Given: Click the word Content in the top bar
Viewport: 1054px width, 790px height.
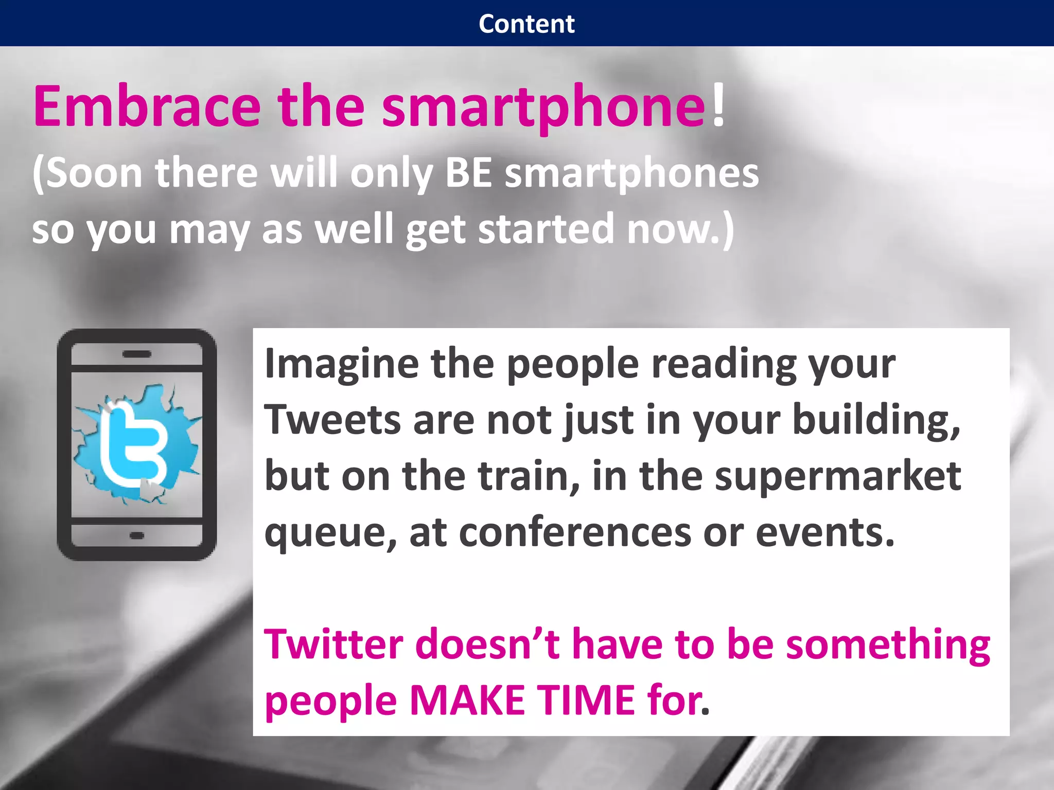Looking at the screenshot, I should [526, 24].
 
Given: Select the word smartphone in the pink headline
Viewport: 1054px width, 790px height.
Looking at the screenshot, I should [543, 108].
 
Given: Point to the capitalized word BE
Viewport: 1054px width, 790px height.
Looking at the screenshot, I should [468, 173].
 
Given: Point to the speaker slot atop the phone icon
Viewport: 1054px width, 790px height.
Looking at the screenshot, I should [137, 354].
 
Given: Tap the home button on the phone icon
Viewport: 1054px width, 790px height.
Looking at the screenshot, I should [137, 535].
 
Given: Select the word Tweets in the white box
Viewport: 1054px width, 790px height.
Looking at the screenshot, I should [332, 420].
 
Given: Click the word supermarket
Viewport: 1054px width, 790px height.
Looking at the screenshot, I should [837, 477].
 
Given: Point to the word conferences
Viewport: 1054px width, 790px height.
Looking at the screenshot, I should [575, 533].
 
